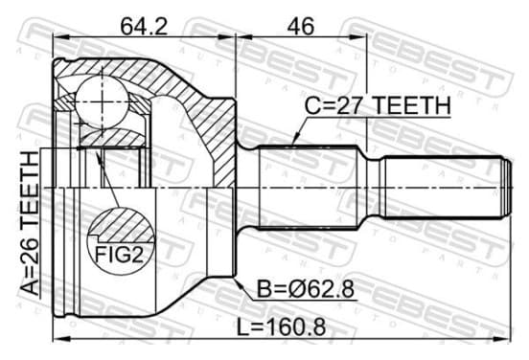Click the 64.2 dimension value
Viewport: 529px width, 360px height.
[x=144, y=26]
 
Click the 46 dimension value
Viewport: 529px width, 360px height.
[x=300, y=26]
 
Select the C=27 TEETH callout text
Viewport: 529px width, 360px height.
[x=378, y=105]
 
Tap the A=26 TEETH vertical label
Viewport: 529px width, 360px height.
[x=30, y=223]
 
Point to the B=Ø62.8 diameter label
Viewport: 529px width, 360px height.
[x=306, y=288]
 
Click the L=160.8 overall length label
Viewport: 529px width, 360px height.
[x=281, y=326]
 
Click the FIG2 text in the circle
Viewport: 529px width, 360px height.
[x=119, y=255]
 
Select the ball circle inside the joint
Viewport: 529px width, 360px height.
[x=102, y=101]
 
